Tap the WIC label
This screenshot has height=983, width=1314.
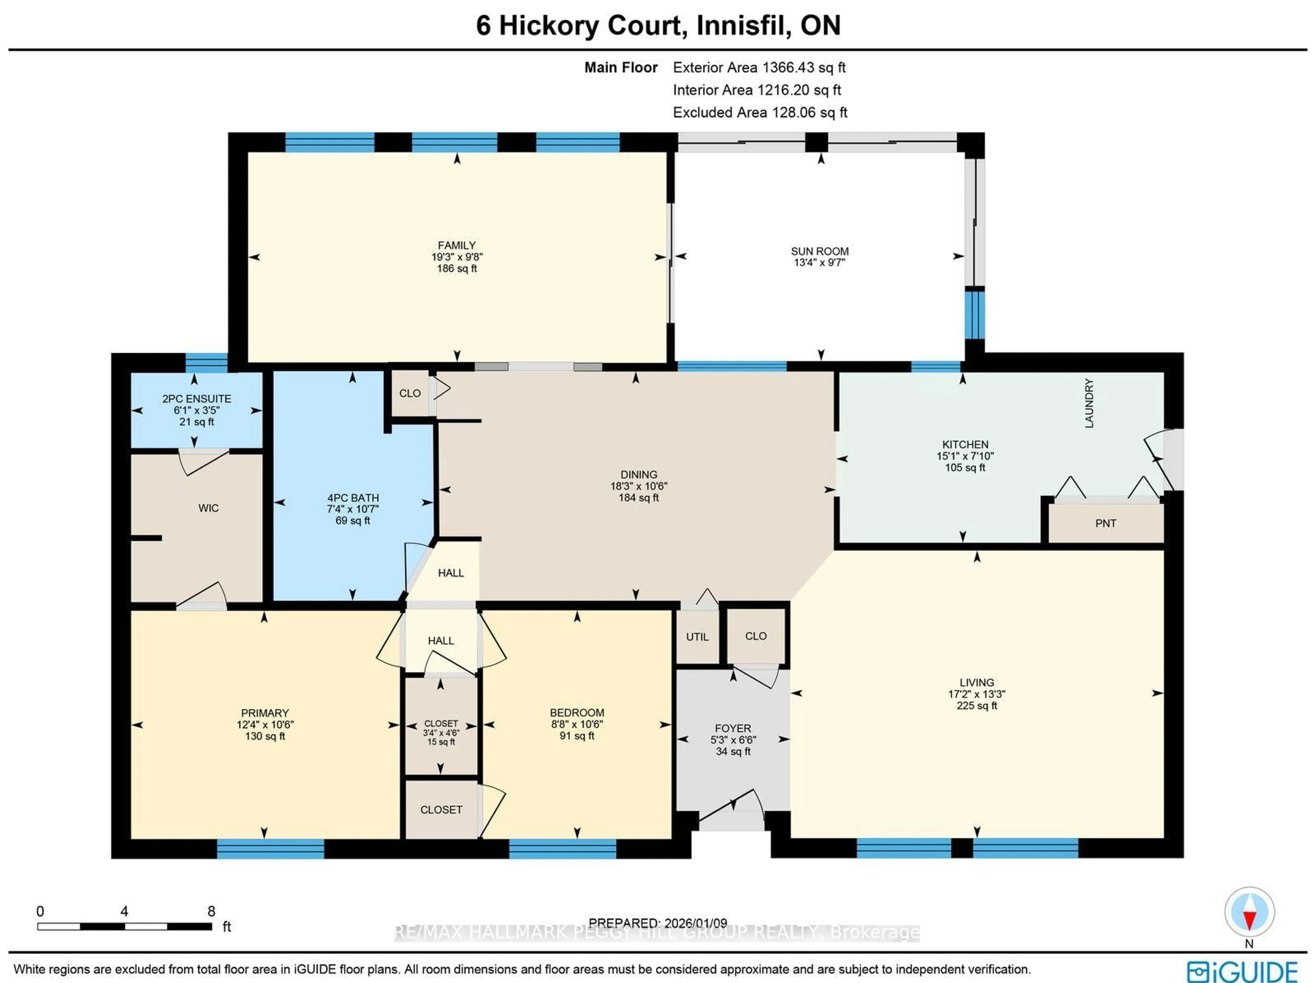click(x=208, y=508)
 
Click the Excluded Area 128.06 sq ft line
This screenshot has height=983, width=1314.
click(x=759, y=112)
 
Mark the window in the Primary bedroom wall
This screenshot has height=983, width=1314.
click(x=270, y=848)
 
